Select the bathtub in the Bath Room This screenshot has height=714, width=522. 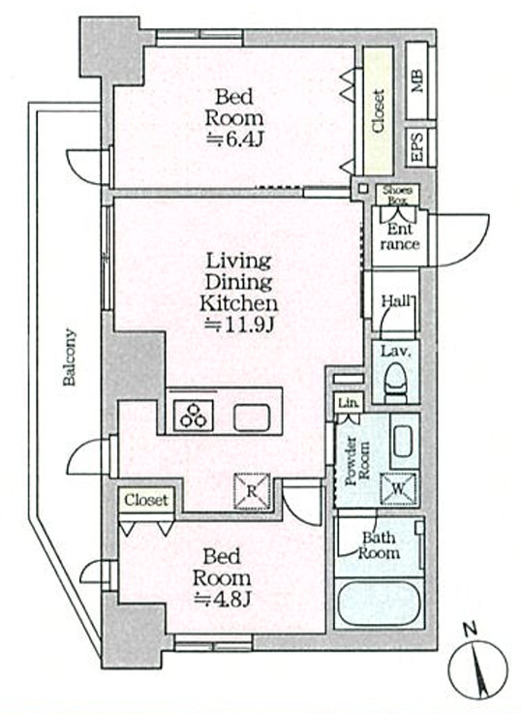coord(379,604)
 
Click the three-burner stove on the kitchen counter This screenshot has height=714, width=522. coord(194,416)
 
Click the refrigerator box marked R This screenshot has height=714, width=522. coord(252,491)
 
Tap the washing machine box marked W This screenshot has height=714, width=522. coord(398,488)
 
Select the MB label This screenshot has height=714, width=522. coord(417,81)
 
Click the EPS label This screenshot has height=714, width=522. coord(417,146)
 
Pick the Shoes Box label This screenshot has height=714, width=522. coord(397,195)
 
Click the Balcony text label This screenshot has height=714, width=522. coord(69,357)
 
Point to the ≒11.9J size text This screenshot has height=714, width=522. coord(239,325)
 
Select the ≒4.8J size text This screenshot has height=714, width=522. coord(223,600)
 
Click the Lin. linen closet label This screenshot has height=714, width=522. coord(350,403)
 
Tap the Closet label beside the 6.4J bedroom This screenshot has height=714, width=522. coord(379,111)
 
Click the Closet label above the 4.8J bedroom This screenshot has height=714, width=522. coord(146,501)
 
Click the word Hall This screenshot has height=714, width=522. coord(396,300)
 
